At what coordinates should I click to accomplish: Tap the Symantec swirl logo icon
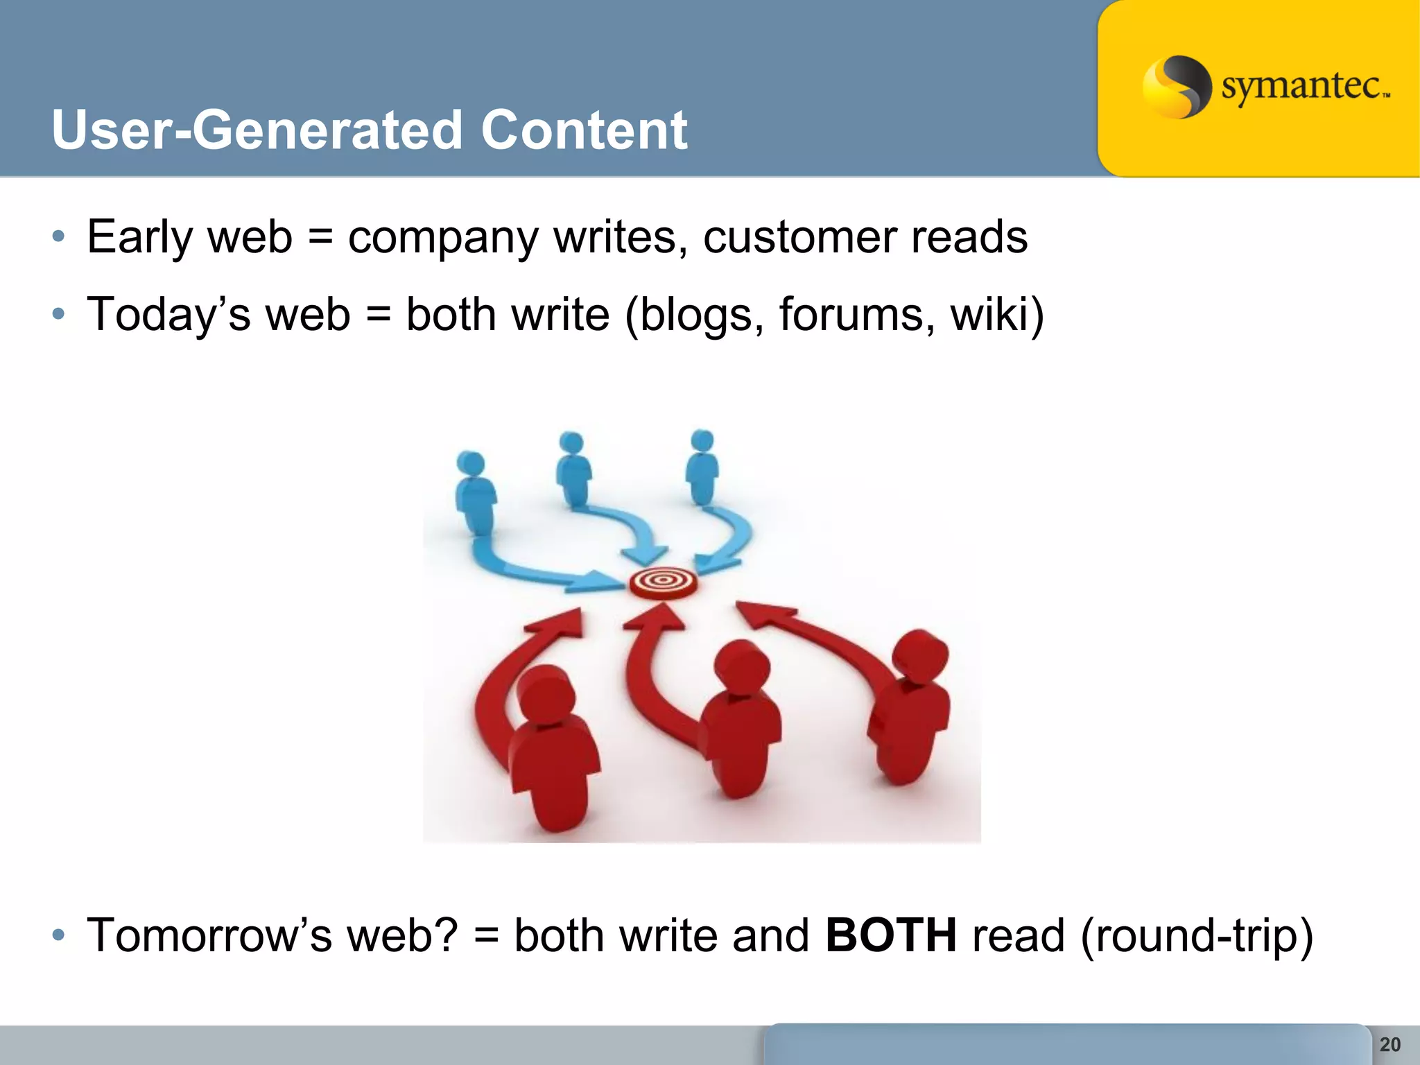coord(1176,87)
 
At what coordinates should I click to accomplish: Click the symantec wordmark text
coord(1304,88)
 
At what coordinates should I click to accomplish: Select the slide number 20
coord(1389,1044)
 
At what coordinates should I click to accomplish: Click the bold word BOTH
coord(891,935)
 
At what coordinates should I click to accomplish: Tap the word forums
coord(851,315)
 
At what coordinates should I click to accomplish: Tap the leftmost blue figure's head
coord(471,463)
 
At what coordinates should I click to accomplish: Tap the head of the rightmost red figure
coord(920,654)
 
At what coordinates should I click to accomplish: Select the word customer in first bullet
coord(798,238)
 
